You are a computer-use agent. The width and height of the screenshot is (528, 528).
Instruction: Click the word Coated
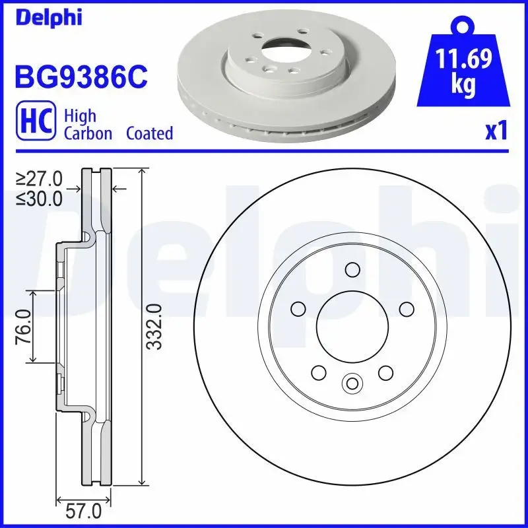coord(149,133)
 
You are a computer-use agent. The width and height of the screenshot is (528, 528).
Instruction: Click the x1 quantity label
coord(496,131)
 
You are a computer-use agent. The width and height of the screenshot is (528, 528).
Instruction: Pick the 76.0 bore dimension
coord(23,326)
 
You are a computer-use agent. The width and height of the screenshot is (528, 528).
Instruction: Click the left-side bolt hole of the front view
coord(297,308)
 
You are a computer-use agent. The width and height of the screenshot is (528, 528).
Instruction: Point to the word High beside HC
coord(80,116)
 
